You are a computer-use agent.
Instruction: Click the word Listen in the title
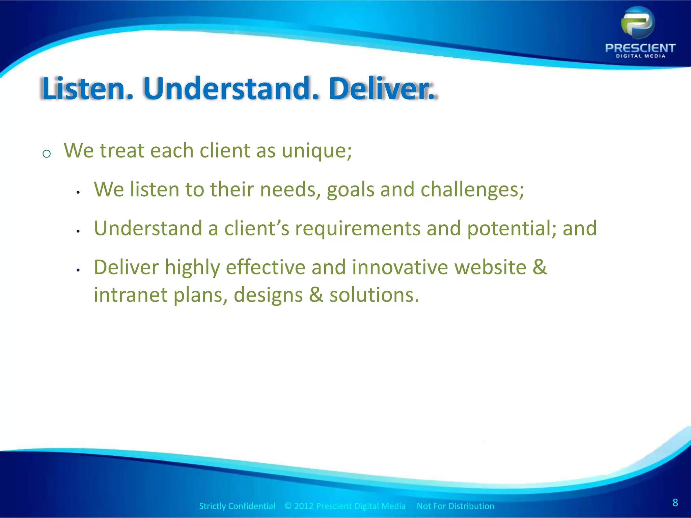pyautogui.click(x=83, y=89)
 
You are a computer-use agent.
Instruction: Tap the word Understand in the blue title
pyautogui.click(x=227, y=89)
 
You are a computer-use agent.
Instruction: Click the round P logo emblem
pyautogui.click(x=637, y=23)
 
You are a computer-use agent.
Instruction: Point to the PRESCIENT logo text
pyautogui.click(x=640, y=48)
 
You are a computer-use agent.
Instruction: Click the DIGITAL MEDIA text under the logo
pyautogui.click(x=640, y=56)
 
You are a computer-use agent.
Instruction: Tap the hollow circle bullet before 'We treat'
pyautogui.click(x=47, y=154)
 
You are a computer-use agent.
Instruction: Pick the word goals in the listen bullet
pyautogui.click(x=350, y=190)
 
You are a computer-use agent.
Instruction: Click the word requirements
pyautogui.click(x=358, y=229)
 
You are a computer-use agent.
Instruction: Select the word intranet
pyautogui.click(x=130, y=295)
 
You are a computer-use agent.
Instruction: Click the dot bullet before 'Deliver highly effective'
pyautogui.click(x=78, y=270)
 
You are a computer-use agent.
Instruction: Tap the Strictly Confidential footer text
pyautogui.click(x=237, y=506)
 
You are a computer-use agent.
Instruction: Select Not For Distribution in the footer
pyautogui.click(x=455, y=506)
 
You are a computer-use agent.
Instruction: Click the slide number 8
pyautogui.click(x=675, y=502)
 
